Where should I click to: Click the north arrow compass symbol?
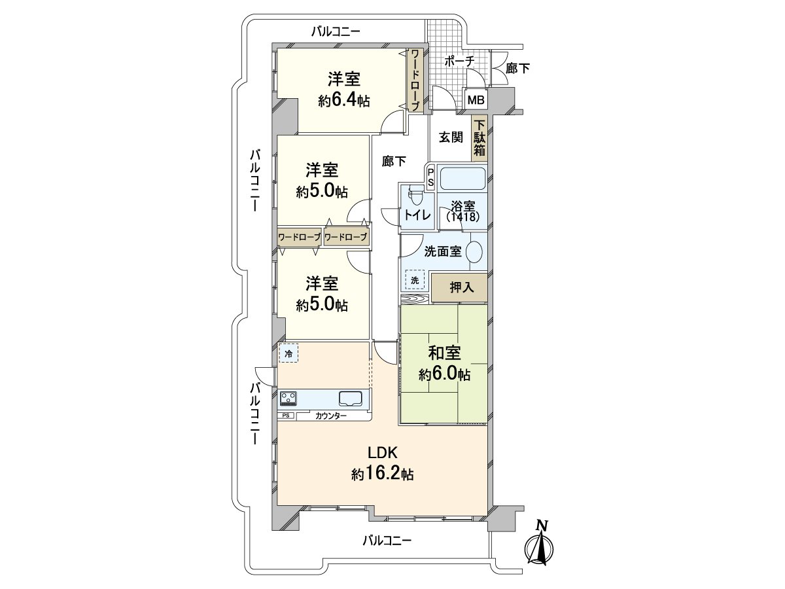(539, 548)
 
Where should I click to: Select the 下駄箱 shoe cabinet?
(480, 138)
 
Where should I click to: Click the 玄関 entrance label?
(451, 137)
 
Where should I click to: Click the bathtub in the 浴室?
(462, 179)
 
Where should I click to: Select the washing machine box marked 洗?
(415, 280)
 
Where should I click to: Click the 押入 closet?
(459, 288)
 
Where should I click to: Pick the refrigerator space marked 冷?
(288, 353)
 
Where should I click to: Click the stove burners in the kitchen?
(288, 399)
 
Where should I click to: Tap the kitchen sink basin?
(351, 399)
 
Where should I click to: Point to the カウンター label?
(331, 416)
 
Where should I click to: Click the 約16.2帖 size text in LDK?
(383, 474)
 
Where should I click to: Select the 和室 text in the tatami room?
(445, 353)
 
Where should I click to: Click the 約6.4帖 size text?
(344, 101)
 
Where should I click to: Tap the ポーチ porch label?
(459, 62)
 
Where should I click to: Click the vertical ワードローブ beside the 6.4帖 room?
(415, 80)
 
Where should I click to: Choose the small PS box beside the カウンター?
(286, 416)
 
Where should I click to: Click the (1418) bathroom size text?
(462, 217)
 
